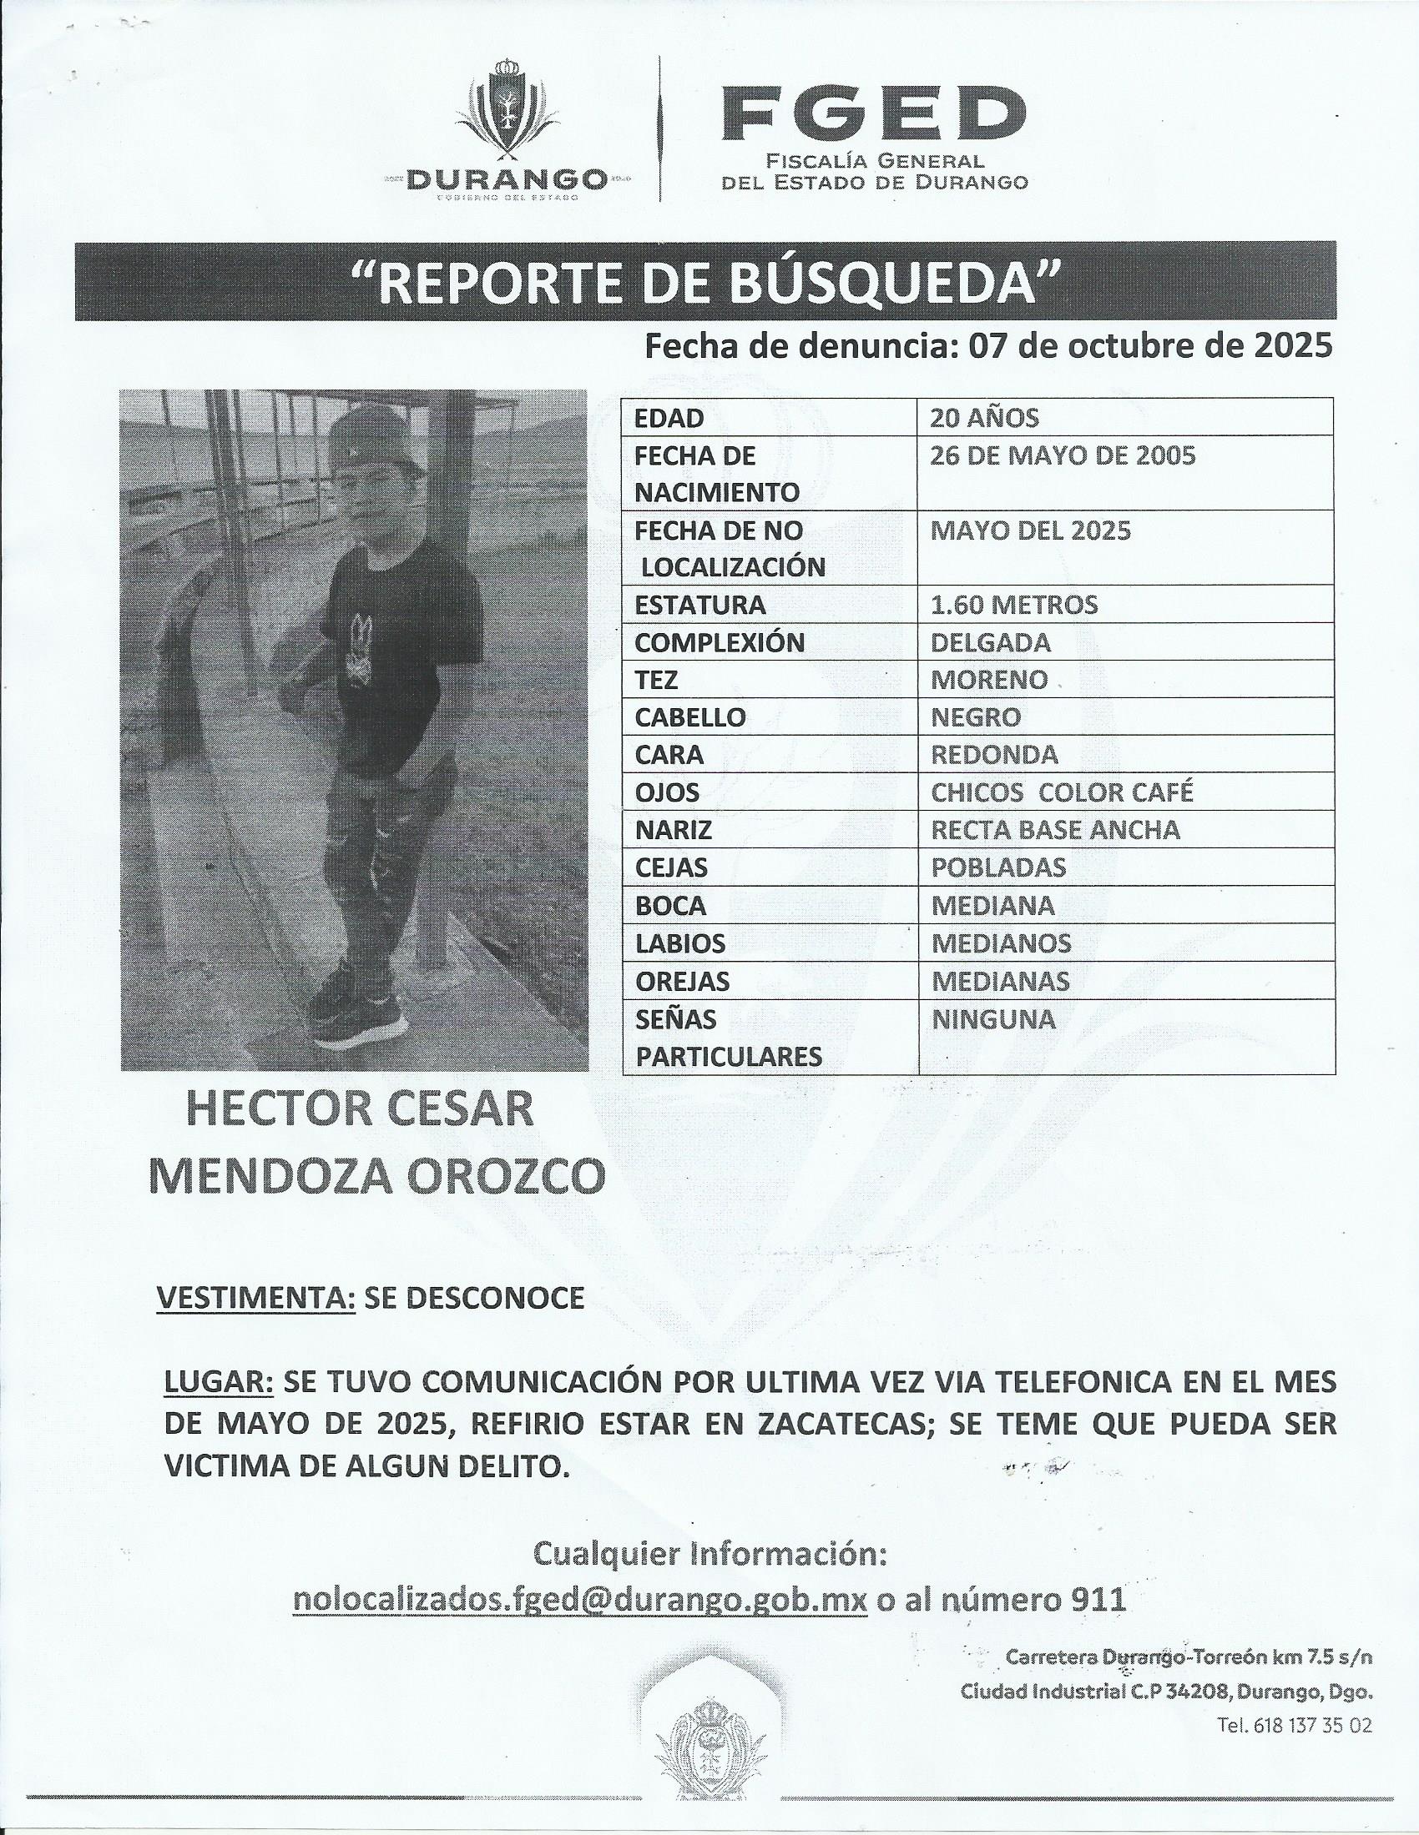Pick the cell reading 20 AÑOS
[984, 418]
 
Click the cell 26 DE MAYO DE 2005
[1063, 455]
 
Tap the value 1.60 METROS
[1014, 605]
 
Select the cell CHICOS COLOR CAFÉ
[1063, 792]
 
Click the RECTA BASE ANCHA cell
[1055, 830]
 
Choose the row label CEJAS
[671, 867]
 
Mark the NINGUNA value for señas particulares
[992, 1019]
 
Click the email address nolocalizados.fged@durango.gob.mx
[579, 1600]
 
